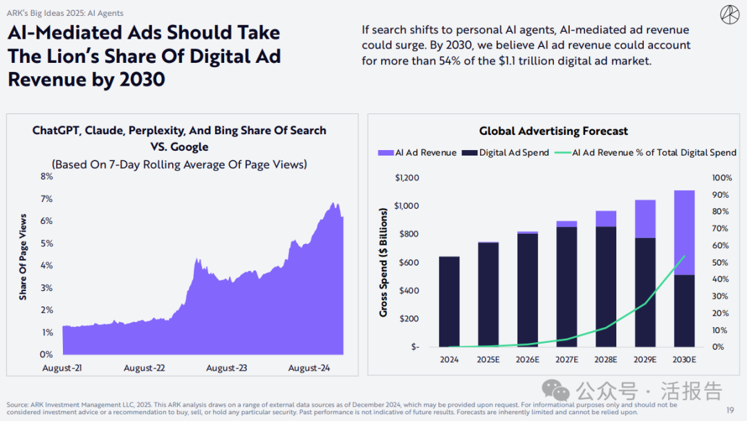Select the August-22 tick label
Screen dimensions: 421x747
tap(145, 368)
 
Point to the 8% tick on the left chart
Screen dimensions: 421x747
tap(46, 176)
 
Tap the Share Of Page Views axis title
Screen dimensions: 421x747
tap(23, 256)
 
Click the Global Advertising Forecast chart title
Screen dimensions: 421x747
tap(553, 131)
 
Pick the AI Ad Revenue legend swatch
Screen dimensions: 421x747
tap(385, 153)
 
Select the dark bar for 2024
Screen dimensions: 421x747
tap(449, 301)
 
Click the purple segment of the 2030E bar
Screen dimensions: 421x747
tap(685, 232)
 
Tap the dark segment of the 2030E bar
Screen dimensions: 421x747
tap(685, 311)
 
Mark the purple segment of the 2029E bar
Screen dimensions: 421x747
tap(645, 218)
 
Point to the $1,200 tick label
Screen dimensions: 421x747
tap(407, 178)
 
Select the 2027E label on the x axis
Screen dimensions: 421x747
tap(566, 360)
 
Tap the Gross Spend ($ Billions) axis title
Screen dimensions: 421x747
tap(383, 263)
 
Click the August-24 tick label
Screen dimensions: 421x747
tap(309, 368)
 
